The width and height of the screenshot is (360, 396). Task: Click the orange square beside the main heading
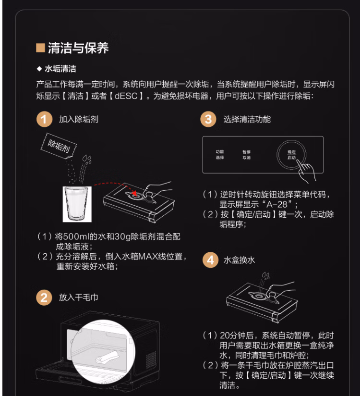[40, 48]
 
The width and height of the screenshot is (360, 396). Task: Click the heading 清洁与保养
[78, 48]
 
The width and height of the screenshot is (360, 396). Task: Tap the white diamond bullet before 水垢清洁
[39, 69]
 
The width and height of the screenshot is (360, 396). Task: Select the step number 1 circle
[44, 119]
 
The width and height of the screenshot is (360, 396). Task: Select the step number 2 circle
[44, 297]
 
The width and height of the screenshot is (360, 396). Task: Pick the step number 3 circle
[208, 119]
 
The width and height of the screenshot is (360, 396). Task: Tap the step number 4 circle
[210, 260]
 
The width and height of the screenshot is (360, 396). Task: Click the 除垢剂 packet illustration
[59, 146]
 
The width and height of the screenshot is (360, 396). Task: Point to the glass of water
[77, 204]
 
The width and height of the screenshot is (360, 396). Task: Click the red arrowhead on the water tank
[134, 194]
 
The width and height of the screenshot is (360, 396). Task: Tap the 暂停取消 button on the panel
[246, 155]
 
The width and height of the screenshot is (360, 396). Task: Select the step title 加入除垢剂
[78, 119]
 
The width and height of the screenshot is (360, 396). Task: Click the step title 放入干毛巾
[78, 297]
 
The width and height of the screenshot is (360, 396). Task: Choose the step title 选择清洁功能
[247, 119]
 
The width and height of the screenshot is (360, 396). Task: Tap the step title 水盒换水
[239, 260]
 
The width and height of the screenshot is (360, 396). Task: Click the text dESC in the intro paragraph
[126, 96]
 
